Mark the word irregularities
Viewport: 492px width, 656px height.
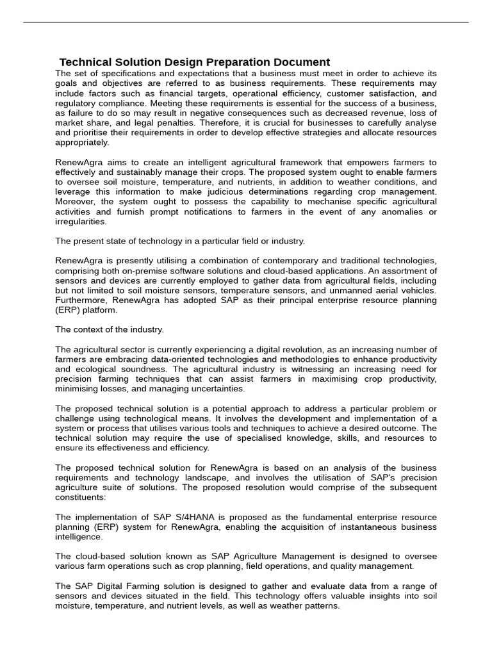coord(81,222)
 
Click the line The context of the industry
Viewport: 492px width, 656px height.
coord(110,329)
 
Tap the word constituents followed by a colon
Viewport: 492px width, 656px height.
coord(80,497)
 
